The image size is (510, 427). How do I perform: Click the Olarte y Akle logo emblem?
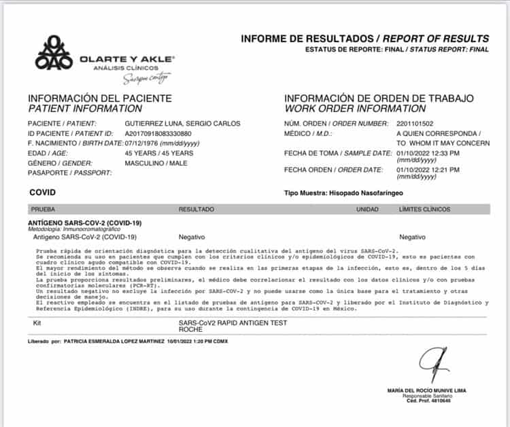pos(54,53)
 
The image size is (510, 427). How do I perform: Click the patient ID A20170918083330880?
pos(168,133)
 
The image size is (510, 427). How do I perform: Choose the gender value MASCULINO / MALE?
pos(156,163)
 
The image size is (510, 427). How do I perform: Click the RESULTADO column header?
pos(196,209)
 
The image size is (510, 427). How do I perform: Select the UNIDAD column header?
pos(367,209)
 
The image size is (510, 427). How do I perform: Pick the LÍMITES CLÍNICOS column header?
pos(425,209)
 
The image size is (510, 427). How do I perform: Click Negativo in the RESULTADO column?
pos(192,237)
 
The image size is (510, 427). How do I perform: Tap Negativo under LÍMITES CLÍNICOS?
pos(412,237)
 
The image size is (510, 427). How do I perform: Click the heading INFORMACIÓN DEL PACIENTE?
pos(99,98)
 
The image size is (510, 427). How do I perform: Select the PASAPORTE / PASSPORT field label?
pos(62,173)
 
